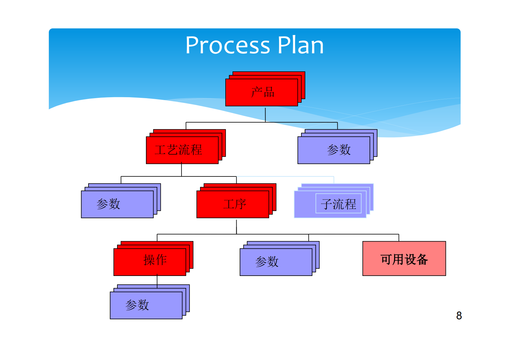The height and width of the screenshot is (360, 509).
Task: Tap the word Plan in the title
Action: pos(301,45)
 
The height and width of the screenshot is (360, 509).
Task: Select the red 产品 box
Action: pos(262,92)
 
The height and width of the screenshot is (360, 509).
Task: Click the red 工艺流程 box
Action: pos(182,150)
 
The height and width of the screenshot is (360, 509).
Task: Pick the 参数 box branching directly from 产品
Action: pos(334,150)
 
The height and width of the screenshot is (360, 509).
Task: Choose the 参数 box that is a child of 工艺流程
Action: pos(117,204)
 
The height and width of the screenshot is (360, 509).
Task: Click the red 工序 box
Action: pos(233,204)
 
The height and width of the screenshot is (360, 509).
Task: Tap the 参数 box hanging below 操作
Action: pos(146,305)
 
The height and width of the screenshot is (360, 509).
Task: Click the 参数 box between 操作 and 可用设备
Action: pos(276,261)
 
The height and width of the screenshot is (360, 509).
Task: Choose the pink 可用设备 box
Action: pos(404,259)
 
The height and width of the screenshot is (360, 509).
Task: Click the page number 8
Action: pos(459,316)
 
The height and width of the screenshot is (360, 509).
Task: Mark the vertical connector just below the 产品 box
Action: pos(265,114)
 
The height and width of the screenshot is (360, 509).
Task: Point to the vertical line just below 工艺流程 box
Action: pos(182,170)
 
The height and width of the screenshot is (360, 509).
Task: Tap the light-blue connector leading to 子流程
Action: pos(285,176)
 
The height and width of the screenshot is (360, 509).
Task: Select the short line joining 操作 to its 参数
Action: pos(157,280)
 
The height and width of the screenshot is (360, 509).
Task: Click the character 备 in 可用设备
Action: pos(422,259)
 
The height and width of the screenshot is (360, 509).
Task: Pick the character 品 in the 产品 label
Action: pos(269,92)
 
